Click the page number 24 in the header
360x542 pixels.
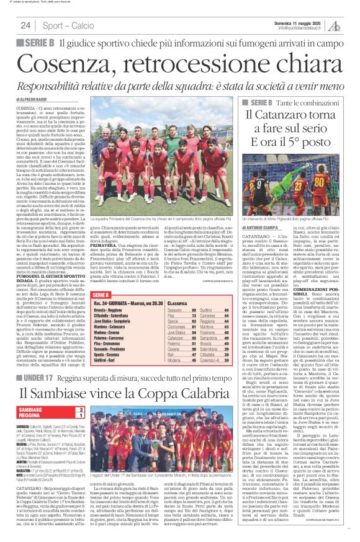[x=25, y=25]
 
